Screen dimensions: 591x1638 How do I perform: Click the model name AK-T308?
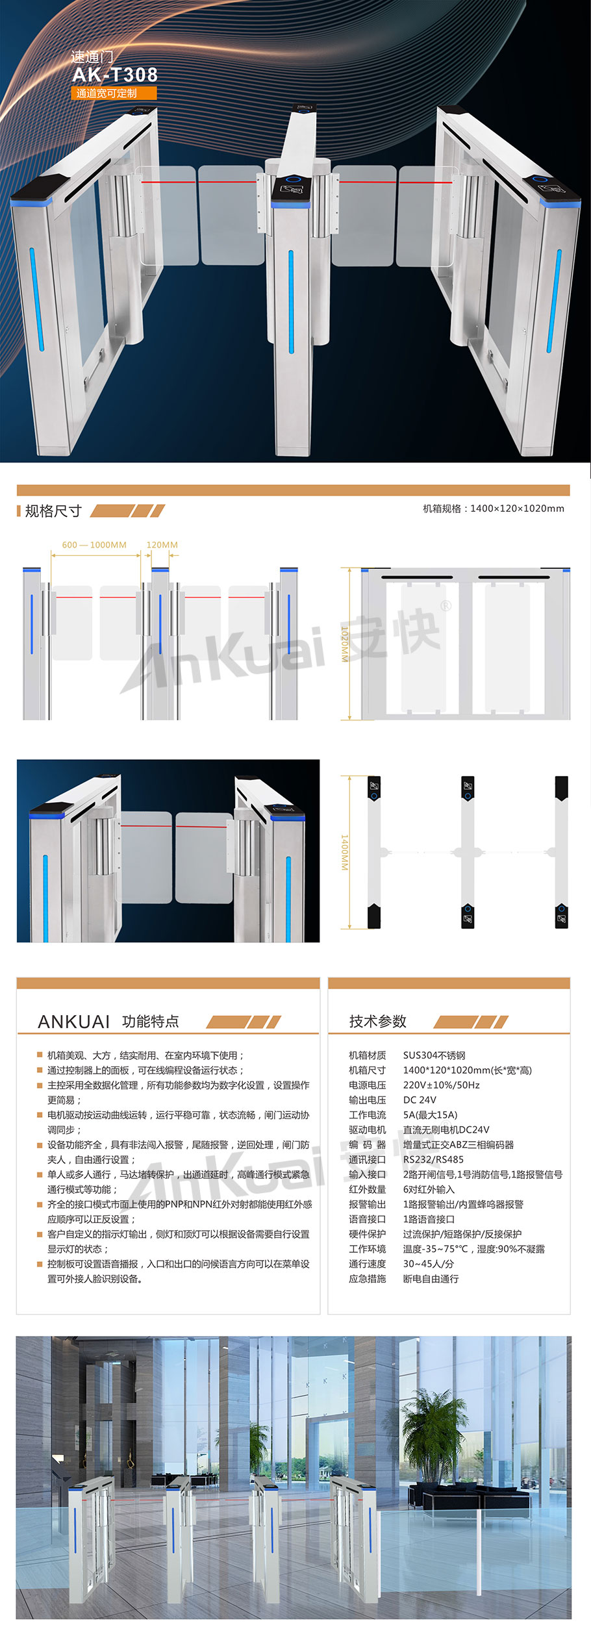pos(115,75)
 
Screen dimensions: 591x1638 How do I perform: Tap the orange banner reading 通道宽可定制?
pos(114,94)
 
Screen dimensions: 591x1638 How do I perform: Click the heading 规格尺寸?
pos(53,511)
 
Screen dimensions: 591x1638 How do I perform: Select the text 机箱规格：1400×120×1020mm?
pos(494,509)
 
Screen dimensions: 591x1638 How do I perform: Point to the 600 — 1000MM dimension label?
pos(94,545)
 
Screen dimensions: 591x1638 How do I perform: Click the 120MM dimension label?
pos(162,545)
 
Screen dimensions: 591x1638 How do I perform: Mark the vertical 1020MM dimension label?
pos(345,644)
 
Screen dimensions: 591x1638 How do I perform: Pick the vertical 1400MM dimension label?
pos(345,852)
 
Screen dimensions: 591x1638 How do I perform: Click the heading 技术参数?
pos(378,1021)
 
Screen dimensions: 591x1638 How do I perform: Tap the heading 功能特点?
pos(151,1021)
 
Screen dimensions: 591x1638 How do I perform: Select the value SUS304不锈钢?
pos(434,1055)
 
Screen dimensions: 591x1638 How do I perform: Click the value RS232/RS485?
pos(433,1159)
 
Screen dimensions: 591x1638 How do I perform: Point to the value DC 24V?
pos(420,1100)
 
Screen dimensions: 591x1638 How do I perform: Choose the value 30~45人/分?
pos(429,1264)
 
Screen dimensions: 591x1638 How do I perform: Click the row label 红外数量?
pos(368,1189)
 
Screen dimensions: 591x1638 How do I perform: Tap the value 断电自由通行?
pos(431,1279)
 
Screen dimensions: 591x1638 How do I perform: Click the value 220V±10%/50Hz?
pos(441,1085)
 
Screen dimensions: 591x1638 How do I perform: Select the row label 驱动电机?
pos(368,1129)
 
